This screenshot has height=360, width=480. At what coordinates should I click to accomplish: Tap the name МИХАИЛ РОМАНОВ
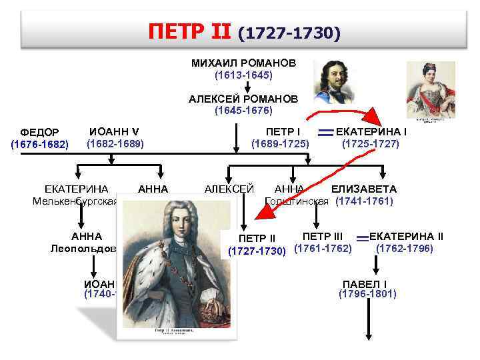(243, 63)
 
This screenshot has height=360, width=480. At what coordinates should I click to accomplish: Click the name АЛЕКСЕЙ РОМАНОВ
(243, 98)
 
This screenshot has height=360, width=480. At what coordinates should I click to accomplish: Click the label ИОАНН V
(114, 130)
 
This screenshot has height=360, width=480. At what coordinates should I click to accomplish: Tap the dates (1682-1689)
(115, 143)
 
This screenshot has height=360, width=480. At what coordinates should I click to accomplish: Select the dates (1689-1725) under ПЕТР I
(280, 143)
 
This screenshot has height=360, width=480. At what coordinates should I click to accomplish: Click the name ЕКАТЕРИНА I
(372, 131)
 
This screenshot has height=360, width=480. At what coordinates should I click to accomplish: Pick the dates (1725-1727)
(370, 143)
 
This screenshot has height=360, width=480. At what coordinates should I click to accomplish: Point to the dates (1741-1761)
(365, 201)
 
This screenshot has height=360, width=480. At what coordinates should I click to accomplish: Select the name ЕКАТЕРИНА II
(406, 236)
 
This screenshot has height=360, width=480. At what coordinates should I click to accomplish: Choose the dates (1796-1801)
(367, 293)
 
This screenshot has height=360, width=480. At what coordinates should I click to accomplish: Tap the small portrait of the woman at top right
(430, 91)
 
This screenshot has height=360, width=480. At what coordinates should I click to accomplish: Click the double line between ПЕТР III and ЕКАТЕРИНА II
(362, 238)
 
